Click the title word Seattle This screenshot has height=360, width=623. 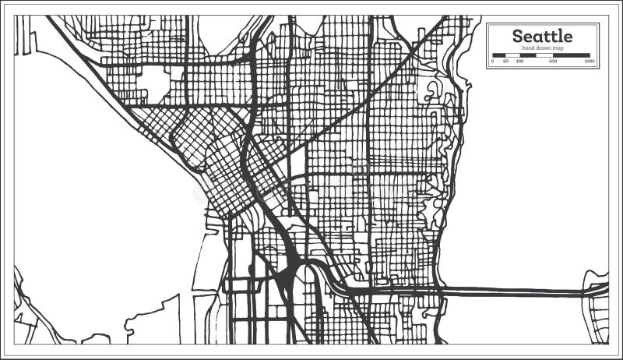(x=542, y=36)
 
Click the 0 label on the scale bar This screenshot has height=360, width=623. (x=493, y=61)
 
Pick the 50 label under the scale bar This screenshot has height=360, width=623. (x=505, y=61)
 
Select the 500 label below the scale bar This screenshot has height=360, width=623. (x=553, y=61)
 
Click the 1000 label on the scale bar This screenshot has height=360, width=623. (x=590, y=61)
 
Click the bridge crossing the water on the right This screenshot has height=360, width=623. (x=514, y=292)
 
